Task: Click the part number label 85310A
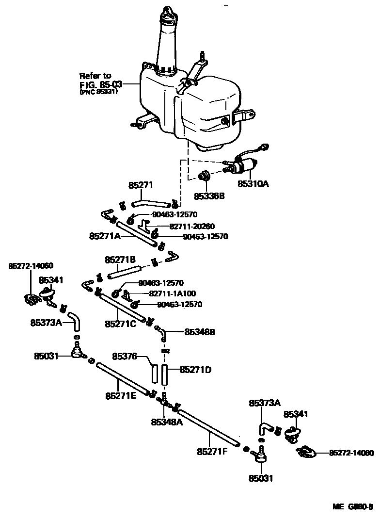click(253, 184)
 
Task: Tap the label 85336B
click(209, 196)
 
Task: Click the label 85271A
click(105, 236)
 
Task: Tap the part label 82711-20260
click(191, 226)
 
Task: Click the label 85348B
click(199, 332)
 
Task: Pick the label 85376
click(125, 357)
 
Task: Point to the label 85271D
click(195, 370)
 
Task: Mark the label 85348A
click(167, 422)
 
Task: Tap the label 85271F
click(212, 452)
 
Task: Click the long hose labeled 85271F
click(208, 427)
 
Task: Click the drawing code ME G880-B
click(352, 506)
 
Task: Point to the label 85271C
click(121, 323)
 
